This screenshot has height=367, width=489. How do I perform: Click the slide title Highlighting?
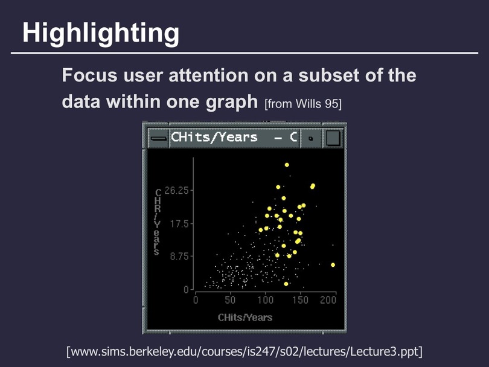[101, 34]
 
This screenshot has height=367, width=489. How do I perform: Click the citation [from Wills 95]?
[303, 104]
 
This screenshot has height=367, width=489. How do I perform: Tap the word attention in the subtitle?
[209, 75]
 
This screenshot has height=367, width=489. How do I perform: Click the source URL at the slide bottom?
[245, 351]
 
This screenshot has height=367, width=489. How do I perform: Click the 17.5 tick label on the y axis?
[179, 224]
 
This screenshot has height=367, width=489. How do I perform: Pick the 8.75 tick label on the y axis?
[179, 257]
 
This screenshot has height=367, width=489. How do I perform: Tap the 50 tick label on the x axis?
[230, 300]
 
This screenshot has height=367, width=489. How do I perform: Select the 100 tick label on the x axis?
[265, 300]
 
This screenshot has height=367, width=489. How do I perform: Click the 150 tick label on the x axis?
[300, 300]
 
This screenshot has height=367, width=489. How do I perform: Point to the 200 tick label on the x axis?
[328, 300]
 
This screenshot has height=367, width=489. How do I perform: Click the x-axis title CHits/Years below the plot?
[245, 318]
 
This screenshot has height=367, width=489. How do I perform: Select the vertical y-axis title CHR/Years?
[158, 222]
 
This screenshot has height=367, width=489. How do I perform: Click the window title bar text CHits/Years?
[214, 137]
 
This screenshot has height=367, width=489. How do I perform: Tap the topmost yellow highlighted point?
[287, 165]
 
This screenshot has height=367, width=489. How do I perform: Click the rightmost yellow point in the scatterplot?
[333, 265]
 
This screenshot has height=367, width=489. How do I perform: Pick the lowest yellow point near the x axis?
[286, 284]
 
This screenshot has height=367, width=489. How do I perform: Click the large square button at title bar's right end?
[333, 138]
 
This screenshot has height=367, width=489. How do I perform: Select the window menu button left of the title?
[158, 138]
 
